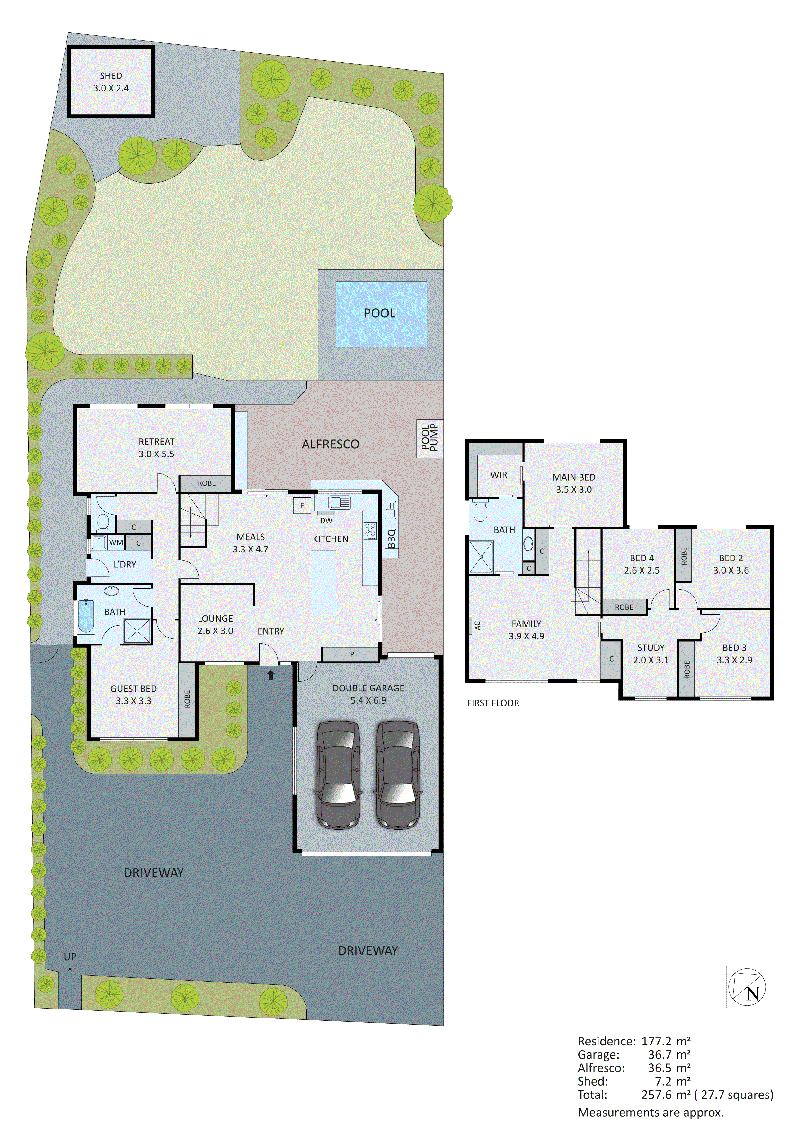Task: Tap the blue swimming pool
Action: point(381,314)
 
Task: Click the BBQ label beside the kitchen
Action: point(391,538)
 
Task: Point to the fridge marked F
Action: point(302,505)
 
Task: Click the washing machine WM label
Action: point(116,543)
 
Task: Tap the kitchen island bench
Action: point(323,582)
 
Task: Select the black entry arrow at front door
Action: point(270,675)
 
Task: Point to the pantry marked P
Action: point(352,654)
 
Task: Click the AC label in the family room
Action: point(477,625)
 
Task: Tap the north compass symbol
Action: point(747,987)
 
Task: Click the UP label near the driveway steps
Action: point(70,957)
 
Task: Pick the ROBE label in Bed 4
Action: point(624,607)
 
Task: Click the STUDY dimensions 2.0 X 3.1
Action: point(651,660)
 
